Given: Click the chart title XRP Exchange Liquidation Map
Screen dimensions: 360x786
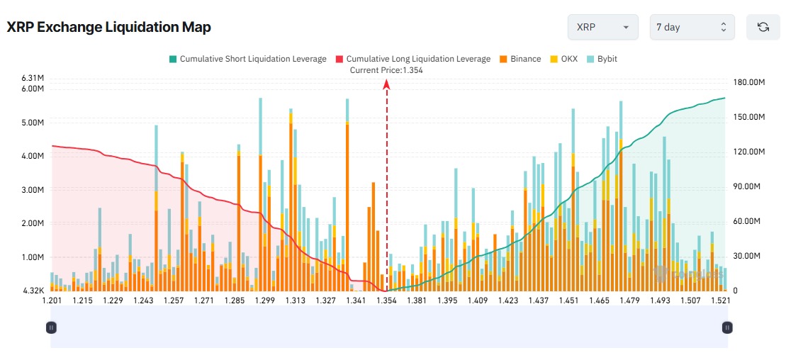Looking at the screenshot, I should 109,27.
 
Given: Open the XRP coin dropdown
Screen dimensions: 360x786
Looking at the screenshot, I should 602,27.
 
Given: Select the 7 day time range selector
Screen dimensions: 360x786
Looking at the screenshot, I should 692,27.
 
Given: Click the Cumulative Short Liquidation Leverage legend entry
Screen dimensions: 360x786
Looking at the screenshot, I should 247,59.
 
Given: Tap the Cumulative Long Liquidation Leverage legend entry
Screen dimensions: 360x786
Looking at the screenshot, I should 412,59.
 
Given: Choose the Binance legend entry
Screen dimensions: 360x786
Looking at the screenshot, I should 520,59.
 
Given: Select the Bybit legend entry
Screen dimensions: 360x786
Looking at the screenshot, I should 602,59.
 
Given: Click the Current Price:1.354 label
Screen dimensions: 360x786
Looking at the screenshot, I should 386,70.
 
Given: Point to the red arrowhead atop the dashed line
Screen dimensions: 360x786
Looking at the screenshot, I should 387,84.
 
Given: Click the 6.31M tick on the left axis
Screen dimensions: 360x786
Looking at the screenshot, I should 33,77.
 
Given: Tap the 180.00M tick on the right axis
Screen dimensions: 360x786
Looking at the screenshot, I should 749,82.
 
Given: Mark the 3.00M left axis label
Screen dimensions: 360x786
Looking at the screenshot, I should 33,190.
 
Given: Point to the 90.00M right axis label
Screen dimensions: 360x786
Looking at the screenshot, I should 747,186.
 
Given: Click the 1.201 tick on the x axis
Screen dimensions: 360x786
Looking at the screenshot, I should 52,300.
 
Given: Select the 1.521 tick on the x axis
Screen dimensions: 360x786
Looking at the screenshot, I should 721,300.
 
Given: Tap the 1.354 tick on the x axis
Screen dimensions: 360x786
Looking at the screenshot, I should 386,300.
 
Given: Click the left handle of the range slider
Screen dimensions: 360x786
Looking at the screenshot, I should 51,327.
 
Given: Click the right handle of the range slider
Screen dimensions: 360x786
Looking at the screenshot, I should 727,327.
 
